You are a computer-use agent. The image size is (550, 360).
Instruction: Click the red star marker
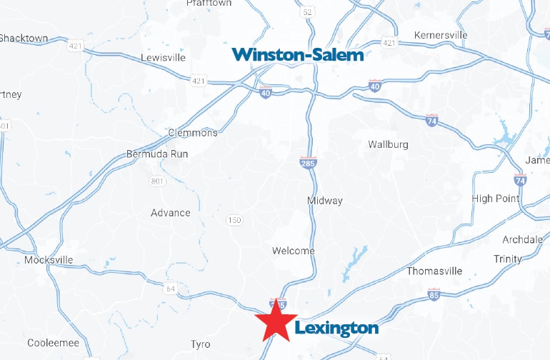(x=277, y=321)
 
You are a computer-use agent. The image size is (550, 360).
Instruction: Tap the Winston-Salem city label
(x=298, y=54)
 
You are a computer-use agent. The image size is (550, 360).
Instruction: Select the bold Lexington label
(x=336, y=328)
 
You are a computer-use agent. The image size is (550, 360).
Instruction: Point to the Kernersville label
(x=441, y=35)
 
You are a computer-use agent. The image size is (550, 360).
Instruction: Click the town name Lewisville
(x=163, y=57)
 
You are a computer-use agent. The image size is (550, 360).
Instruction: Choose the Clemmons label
(x=192, y=133)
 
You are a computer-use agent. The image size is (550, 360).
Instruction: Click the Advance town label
(x=171, y=213)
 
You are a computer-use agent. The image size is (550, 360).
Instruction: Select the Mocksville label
(x=49, y=260)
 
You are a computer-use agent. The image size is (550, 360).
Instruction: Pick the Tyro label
(x=200, y=344)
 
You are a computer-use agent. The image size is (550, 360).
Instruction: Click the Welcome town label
(x=293, y=251)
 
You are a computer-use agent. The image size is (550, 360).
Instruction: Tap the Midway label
(x=325, y=201)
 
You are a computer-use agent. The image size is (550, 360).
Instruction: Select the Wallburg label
(x=388, y=144)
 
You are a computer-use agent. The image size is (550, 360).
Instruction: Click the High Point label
(x=496, y=198)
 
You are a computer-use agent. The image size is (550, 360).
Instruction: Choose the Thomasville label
(x=434, y=271)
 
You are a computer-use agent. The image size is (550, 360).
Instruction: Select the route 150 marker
(x=234, y=220)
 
